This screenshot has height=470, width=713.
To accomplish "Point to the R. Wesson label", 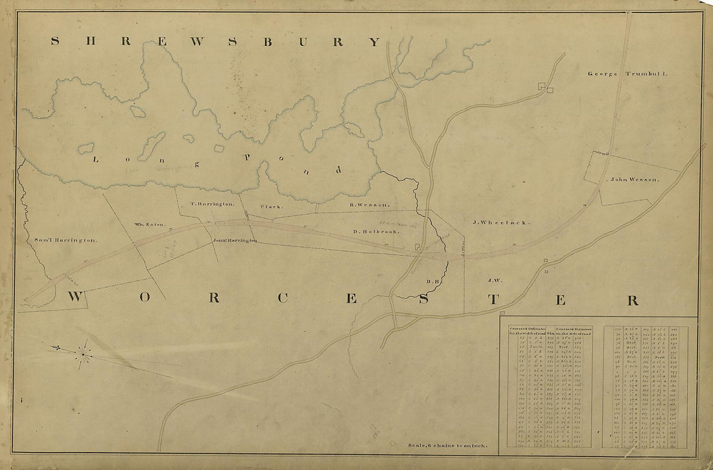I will click(x=370, y=205).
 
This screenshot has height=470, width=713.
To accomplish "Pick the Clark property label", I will click(x=269, y=207).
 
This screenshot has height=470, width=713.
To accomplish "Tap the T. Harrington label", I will click(x=212, y=204).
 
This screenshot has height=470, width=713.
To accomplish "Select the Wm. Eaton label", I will click(x=150, y=225).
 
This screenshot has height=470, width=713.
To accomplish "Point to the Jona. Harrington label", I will click(x=235, y=241).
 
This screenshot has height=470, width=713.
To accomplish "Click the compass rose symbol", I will click(x=82, y=354).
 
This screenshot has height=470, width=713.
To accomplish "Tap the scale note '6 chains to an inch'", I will click(x=452, y=446).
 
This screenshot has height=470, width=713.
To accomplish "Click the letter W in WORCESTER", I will click(x=76, y=298).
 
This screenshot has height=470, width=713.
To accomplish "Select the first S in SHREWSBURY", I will click(x=55, y=41).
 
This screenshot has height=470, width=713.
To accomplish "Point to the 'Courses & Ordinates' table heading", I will click(x=526, y=331).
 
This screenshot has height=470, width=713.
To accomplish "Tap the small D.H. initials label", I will click(x=433, y=281).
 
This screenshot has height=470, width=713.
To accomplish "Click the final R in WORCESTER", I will click(x=632, y=300).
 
